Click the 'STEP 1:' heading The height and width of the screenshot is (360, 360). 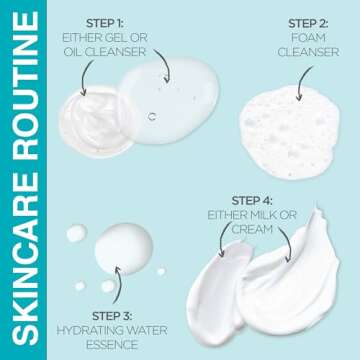[x=105, y=23]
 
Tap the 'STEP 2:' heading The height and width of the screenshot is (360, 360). [x=308, y=23]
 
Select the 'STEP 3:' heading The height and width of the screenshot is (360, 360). [x=112, y=315]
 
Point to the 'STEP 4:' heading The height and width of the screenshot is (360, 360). [x=252, y=201]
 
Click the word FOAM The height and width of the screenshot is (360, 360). [x=308, y=38]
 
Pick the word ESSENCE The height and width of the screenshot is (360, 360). [x=112, y=345]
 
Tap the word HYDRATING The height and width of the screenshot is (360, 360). [x=87, y=330]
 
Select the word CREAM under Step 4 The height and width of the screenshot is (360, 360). [x=252, y=229]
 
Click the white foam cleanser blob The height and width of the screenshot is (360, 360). [x=290, y=132]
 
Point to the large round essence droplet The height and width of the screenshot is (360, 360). [x=124, y=249]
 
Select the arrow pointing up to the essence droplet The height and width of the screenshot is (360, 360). [x=117, y=284]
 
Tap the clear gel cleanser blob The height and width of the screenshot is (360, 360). [x=168, y=101]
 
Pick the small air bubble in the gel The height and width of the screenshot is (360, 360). [x=152, y=117]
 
